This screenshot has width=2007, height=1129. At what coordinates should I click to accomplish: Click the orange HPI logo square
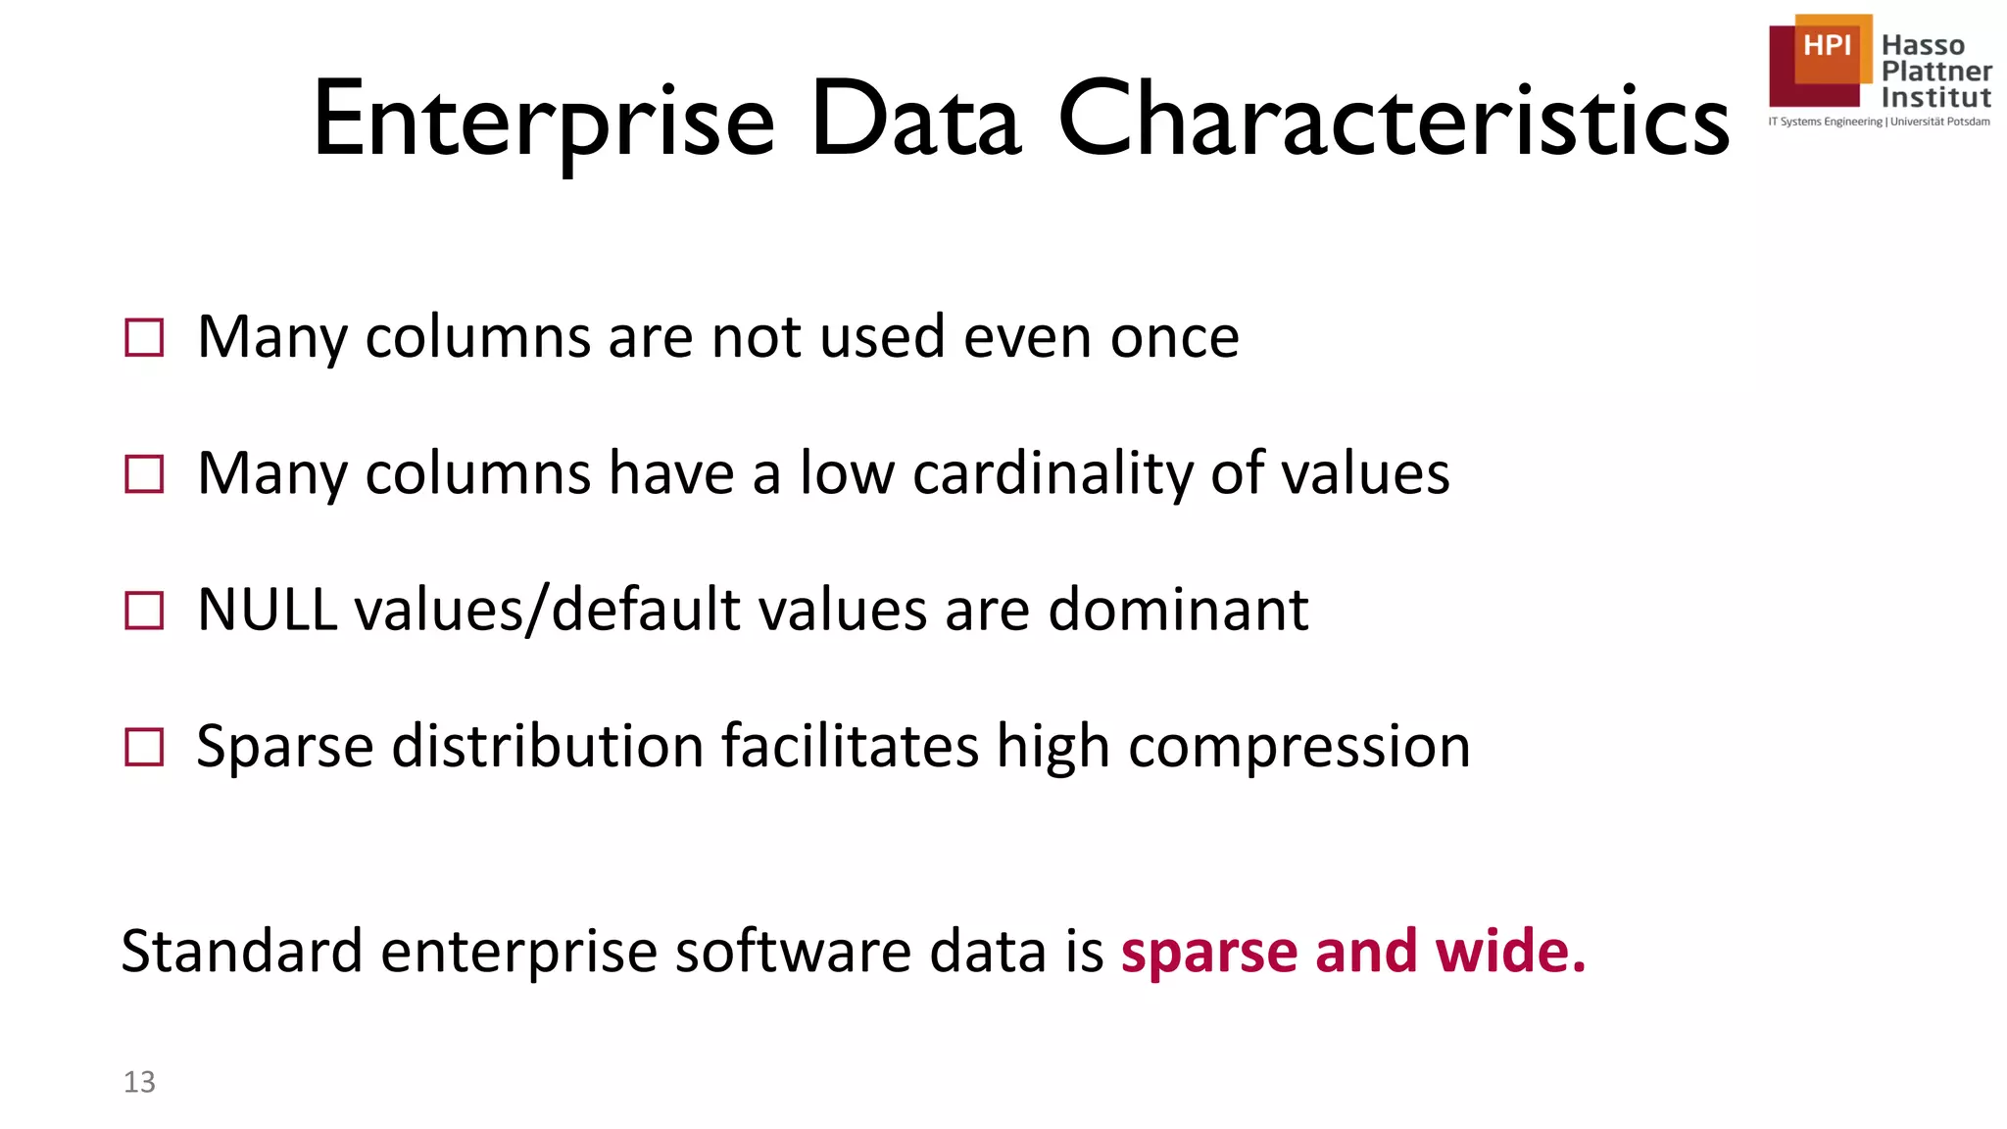coord(1828,47)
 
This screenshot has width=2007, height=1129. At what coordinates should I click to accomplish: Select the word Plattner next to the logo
coord(1935,72)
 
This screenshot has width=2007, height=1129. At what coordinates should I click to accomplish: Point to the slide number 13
coord(139,1082)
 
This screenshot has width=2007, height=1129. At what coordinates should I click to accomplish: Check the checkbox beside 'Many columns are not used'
coord(145,338)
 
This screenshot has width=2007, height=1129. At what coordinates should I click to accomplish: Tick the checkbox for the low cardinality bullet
coord(145,474)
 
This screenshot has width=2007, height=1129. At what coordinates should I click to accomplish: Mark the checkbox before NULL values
coord(145,611)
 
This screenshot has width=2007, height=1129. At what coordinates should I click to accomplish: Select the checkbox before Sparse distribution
coord(145,747)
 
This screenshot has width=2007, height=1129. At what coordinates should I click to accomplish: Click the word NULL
coord(267,610)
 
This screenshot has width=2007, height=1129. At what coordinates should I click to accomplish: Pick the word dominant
coord(1178,610)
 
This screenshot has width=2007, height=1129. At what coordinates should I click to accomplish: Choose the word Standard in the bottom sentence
coord(241,952)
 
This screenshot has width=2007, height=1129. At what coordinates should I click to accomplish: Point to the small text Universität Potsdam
coord(1939,122)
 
